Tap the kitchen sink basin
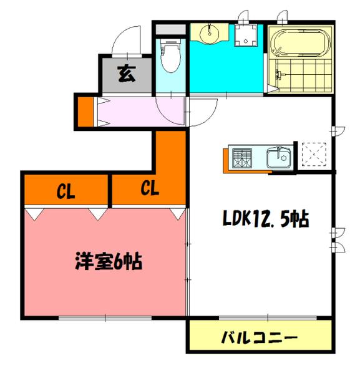point(278,158)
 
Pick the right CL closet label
point(148,188)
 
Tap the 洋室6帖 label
point(107,261)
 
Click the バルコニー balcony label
point(260,338)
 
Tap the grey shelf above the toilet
point(170,29)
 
